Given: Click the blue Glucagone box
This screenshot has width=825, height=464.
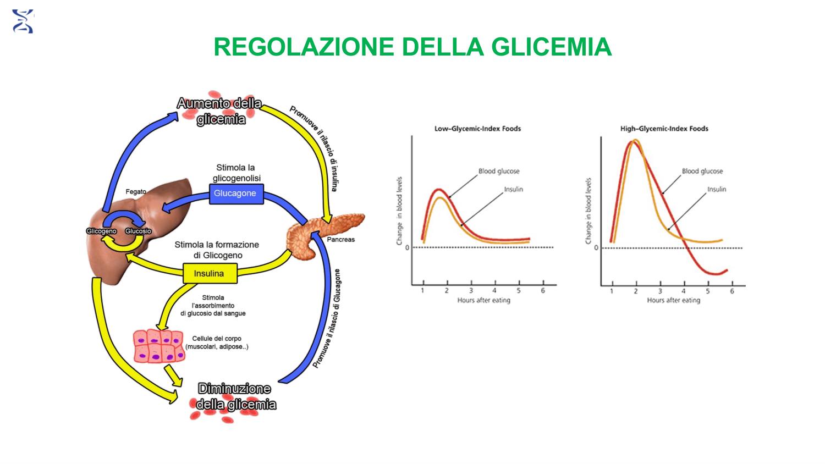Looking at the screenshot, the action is (237, 194).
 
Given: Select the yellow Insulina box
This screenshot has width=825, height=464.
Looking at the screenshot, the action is (210, 274).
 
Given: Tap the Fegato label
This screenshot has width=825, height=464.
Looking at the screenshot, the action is (136, 191).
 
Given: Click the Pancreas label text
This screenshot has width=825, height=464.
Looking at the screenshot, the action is (340, 239).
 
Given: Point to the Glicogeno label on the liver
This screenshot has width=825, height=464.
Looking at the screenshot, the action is (101, 231).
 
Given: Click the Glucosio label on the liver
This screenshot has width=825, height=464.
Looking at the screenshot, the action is (138, 231).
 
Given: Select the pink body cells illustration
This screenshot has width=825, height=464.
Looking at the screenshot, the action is (159, 346).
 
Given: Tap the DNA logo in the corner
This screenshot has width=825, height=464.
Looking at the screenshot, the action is (23, 21).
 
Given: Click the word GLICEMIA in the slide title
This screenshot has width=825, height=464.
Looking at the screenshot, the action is (551, 47).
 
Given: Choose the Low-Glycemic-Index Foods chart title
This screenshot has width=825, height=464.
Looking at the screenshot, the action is (478, 129).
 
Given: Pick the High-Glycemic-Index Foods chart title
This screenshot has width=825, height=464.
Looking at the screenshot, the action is (664, 129).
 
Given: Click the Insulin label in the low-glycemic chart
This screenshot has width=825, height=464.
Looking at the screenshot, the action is (513, 189).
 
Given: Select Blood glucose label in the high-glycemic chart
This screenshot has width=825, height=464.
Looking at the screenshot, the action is (702, 171).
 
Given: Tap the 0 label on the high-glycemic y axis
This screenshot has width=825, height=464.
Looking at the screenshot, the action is (596, 248).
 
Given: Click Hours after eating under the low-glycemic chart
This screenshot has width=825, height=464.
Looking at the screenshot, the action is (484, 300).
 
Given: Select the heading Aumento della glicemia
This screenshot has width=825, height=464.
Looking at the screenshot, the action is (220, 111).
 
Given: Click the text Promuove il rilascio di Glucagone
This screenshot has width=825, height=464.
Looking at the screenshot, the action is (327, 318).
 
